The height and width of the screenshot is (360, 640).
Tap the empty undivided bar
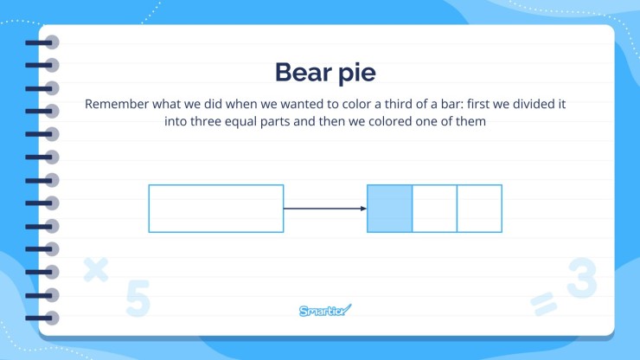[x=215, y=209]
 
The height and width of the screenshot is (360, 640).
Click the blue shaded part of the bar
[x=389, y=209]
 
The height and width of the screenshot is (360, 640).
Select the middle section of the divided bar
[x=434, y=209]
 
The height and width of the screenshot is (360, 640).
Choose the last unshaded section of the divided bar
[x=479, y=209]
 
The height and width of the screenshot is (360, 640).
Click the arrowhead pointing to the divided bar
[x=362, y=209]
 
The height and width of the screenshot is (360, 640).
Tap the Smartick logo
[x=325, y=311]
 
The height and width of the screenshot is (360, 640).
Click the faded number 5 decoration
[x=138, y=297]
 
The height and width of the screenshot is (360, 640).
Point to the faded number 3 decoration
[x=581, y=279]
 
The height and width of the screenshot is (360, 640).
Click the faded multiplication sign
[x=96, y=271]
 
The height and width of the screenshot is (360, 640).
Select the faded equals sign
[x=542, y=302]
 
